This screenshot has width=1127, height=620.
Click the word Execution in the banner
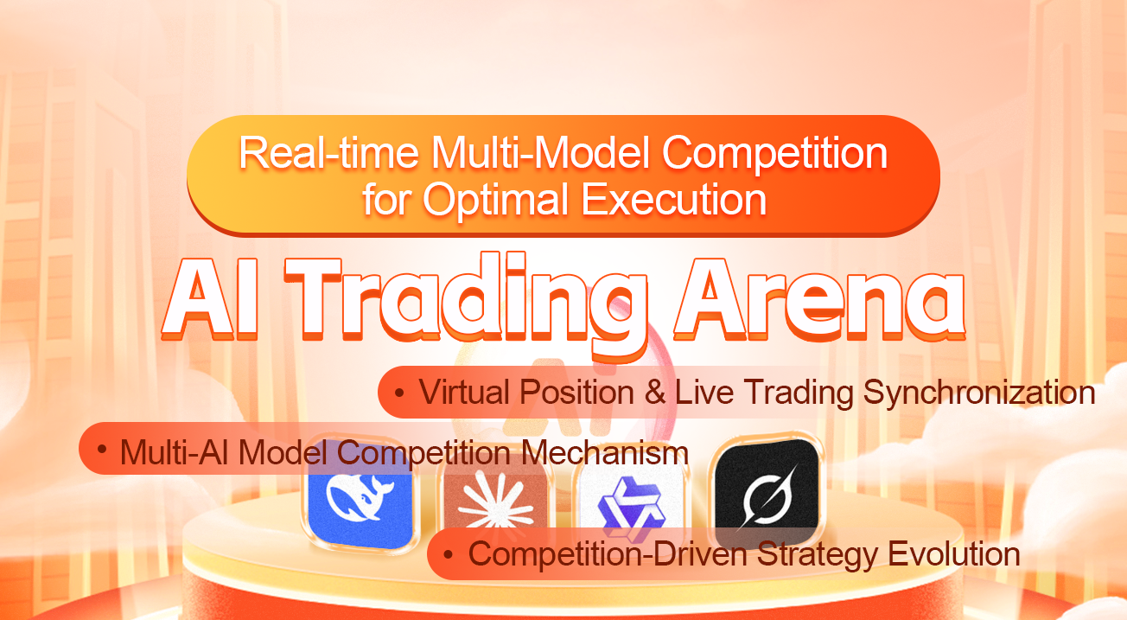click(x=674, y=199)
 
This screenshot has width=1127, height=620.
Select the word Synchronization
click(x=979, y=393)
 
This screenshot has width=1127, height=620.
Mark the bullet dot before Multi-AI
click(x=103, y=450)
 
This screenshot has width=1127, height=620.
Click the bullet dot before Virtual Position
click(x=399, y=392)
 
